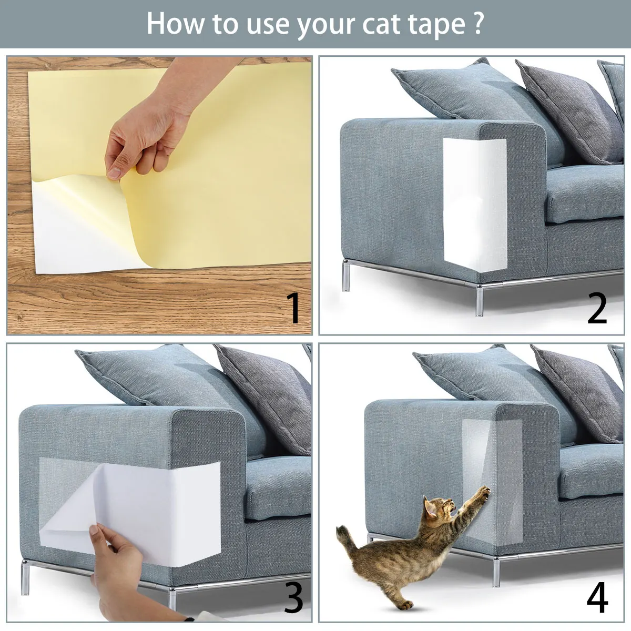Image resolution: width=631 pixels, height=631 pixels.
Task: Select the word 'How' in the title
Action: tap(174, 24)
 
